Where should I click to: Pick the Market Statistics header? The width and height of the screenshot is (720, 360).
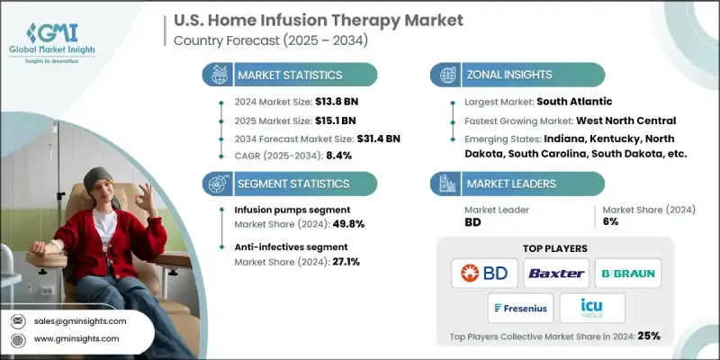click(289, 75)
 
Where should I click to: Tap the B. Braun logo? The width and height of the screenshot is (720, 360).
click(628, 273)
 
